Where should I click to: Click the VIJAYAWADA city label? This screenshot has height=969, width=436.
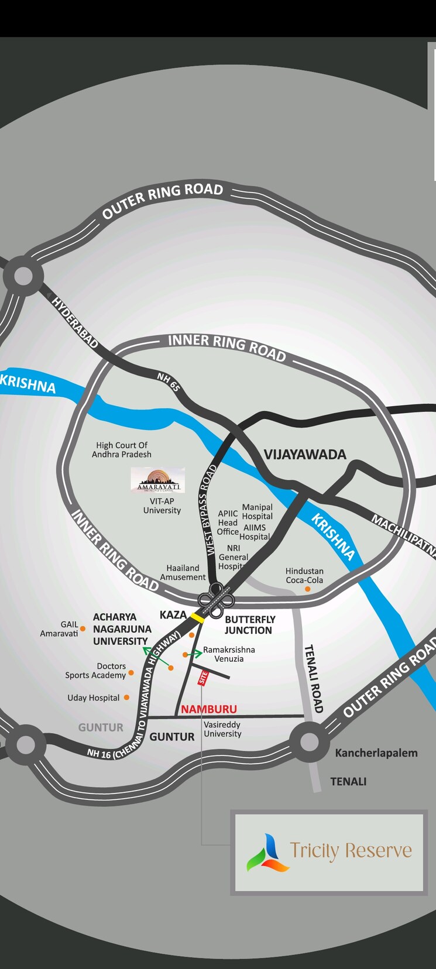tap(305, 455)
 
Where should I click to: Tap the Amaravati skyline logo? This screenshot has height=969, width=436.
tap(158, 480)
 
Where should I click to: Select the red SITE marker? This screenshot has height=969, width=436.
tap(203, 678)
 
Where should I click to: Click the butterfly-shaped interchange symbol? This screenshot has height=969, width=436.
tap(216, 599)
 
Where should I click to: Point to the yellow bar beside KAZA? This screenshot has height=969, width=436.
tap(197, 617)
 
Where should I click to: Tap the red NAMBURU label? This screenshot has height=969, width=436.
tap(209, 709)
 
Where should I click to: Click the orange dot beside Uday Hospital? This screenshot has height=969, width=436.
tap(126, 697)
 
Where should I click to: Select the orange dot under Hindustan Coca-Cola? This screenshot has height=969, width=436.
tap(308, 589)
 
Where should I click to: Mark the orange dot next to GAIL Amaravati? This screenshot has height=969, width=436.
tap(83, 628)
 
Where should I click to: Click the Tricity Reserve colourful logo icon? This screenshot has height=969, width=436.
tap(267, 853)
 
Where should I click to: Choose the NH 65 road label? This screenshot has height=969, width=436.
tap(168, 382)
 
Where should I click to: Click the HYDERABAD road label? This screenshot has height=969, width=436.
tap(75, 322)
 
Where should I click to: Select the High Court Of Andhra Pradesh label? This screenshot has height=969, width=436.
tap(122, 450)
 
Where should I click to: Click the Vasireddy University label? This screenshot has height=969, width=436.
tap(222, 729)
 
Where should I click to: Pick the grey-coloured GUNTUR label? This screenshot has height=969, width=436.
tap(101, 727)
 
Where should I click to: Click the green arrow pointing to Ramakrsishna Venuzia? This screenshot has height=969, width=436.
tap(194, 653)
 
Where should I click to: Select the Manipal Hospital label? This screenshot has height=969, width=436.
tap(258, 511)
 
